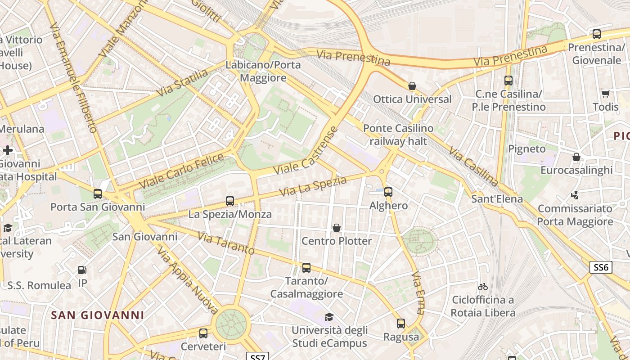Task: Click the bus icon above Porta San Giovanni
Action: pyautogui.click(x=98, y=194)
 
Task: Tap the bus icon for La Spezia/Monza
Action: pyautogui.click(x=230, y=201)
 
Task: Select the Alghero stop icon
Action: pyautogui.click(x=388, y=192)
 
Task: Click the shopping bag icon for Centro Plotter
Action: pyautogui.click(x=336, y=228)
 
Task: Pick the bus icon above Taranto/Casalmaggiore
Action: pyautogui.click(x=306, y=268)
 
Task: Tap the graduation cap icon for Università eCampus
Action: pyautogui.click(x=329, y=317)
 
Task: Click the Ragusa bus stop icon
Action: pyautogui.click(x=400, y=324)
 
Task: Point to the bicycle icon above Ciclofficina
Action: pyautogui.click(x=483, y=287)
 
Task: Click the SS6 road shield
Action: pyautogui.click(x=601, y=267)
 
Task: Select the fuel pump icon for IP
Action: pyautogui.click(x=82, y=270)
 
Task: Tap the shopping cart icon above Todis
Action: pyautogui.click(x=606, y=94)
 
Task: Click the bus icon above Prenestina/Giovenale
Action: pyautogui.click(x=597, y=34)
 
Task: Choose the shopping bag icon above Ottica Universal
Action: pyautogui.click(x=412, y=86)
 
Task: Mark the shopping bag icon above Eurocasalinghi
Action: pyautogui.click(x=576, y=157)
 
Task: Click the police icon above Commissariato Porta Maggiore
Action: pyautogui.click(x=575, y=195)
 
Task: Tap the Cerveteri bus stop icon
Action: pyautogui.click(x=203, y=333)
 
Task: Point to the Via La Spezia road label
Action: pyautogui.click(x=313, y=186)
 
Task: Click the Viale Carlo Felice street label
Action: pyautogui.click(x=181, y=171)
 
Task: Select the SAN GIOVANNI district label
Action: pyautogui.click(x=97, y=315)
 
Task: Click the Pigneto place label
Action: pyautogui.click(x=526, y=148)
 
